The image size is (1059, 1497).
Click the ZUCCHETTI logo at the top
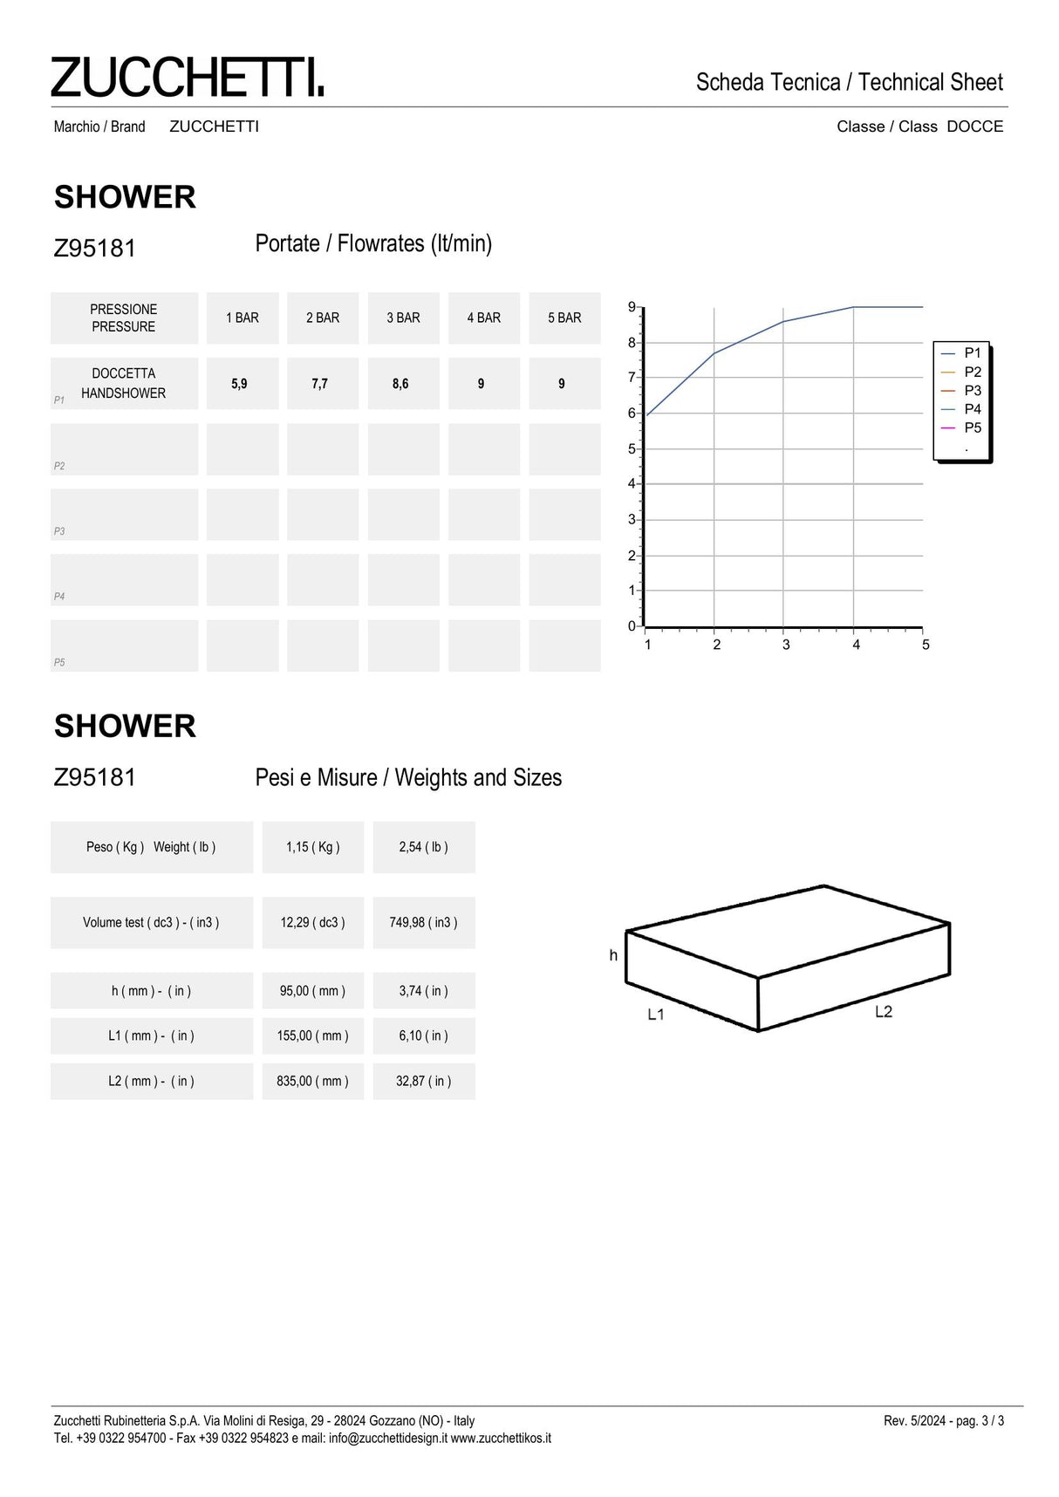pos(187,77)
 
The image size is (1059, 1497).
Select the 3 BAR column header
pos(403,318)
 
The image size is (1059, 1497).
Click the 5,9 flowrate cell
pos(239,384)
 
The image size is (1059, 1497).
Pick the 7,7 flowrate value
pos(320,384)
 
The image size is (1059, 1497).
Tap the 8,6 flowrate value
pos(400,384)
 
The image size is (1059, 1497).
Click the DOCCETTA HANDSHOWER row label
pos(124,384)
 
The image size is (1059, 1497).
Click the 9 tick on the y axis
pos(632,307)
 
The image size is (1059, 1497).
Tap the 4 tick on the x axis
pos(856,645)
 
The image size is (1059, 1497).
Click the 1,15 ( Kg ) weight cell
pos(313,847)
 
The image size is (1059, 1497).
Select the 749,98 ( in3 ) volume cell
pos(424,923)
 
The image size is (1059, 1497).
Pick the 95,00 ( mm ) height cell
pos(312,991)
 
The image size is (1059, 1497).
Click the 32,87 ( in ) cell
pos(424,1082)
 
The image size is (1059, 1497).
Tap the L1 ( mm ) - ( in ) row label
pos(151,1036)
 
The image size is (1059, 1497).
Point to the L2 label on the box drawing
pos(884,1012)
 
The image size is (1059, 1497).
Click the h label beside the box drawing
pos(613,956)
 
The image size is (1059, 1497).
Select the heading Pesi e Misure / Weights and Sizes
pos(408,778)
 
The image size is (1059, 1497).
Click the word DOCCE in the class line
pos(974,126)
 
